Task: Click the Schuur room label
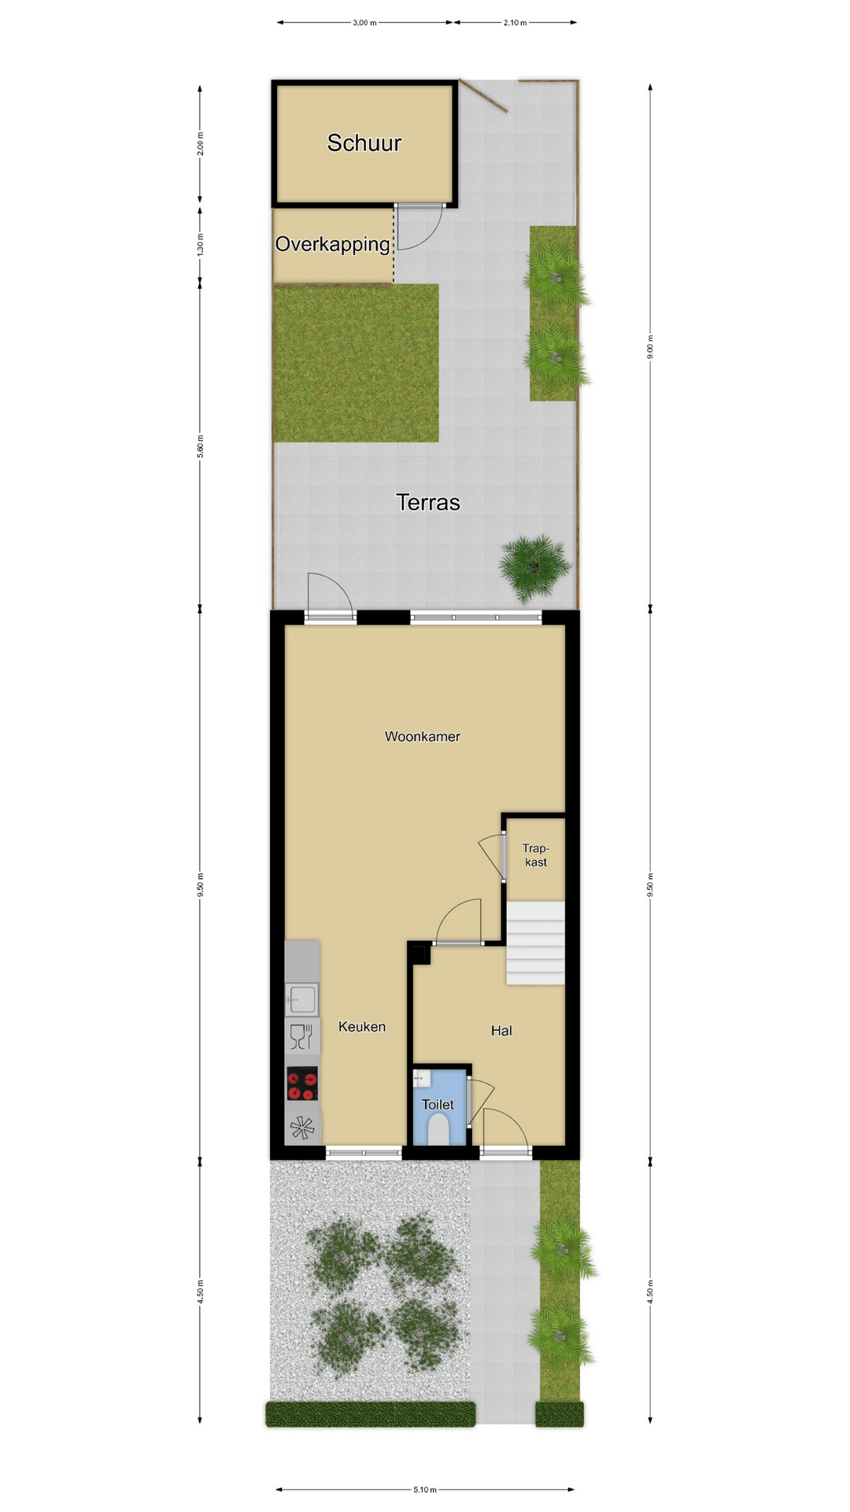(x=364, y=143)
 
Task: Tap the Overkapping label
(x=332, y=244)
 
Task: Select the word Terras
(x=427, y=502)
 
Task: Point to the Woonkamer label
(x=423, y=736)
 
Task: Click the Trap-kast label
(x=536, y=855)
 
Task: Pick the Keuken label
(x=362, y=1026)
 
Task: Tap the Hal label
(x=501, y=1030)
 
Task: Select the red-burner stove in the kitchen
(x=302, y=1083)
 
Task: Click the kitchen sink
(x=302, y=999)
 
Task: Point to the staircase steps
(x=535, y=943)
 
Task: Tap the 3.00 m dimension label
(x=364, y=23)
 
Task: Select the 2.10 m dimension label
(x=516, y=23)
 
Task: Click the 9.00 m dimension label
(x=650, y=347)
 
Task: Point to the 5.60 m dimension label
(x=200, y=447)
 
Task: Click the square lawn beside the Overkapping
(x=356, y=363)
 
